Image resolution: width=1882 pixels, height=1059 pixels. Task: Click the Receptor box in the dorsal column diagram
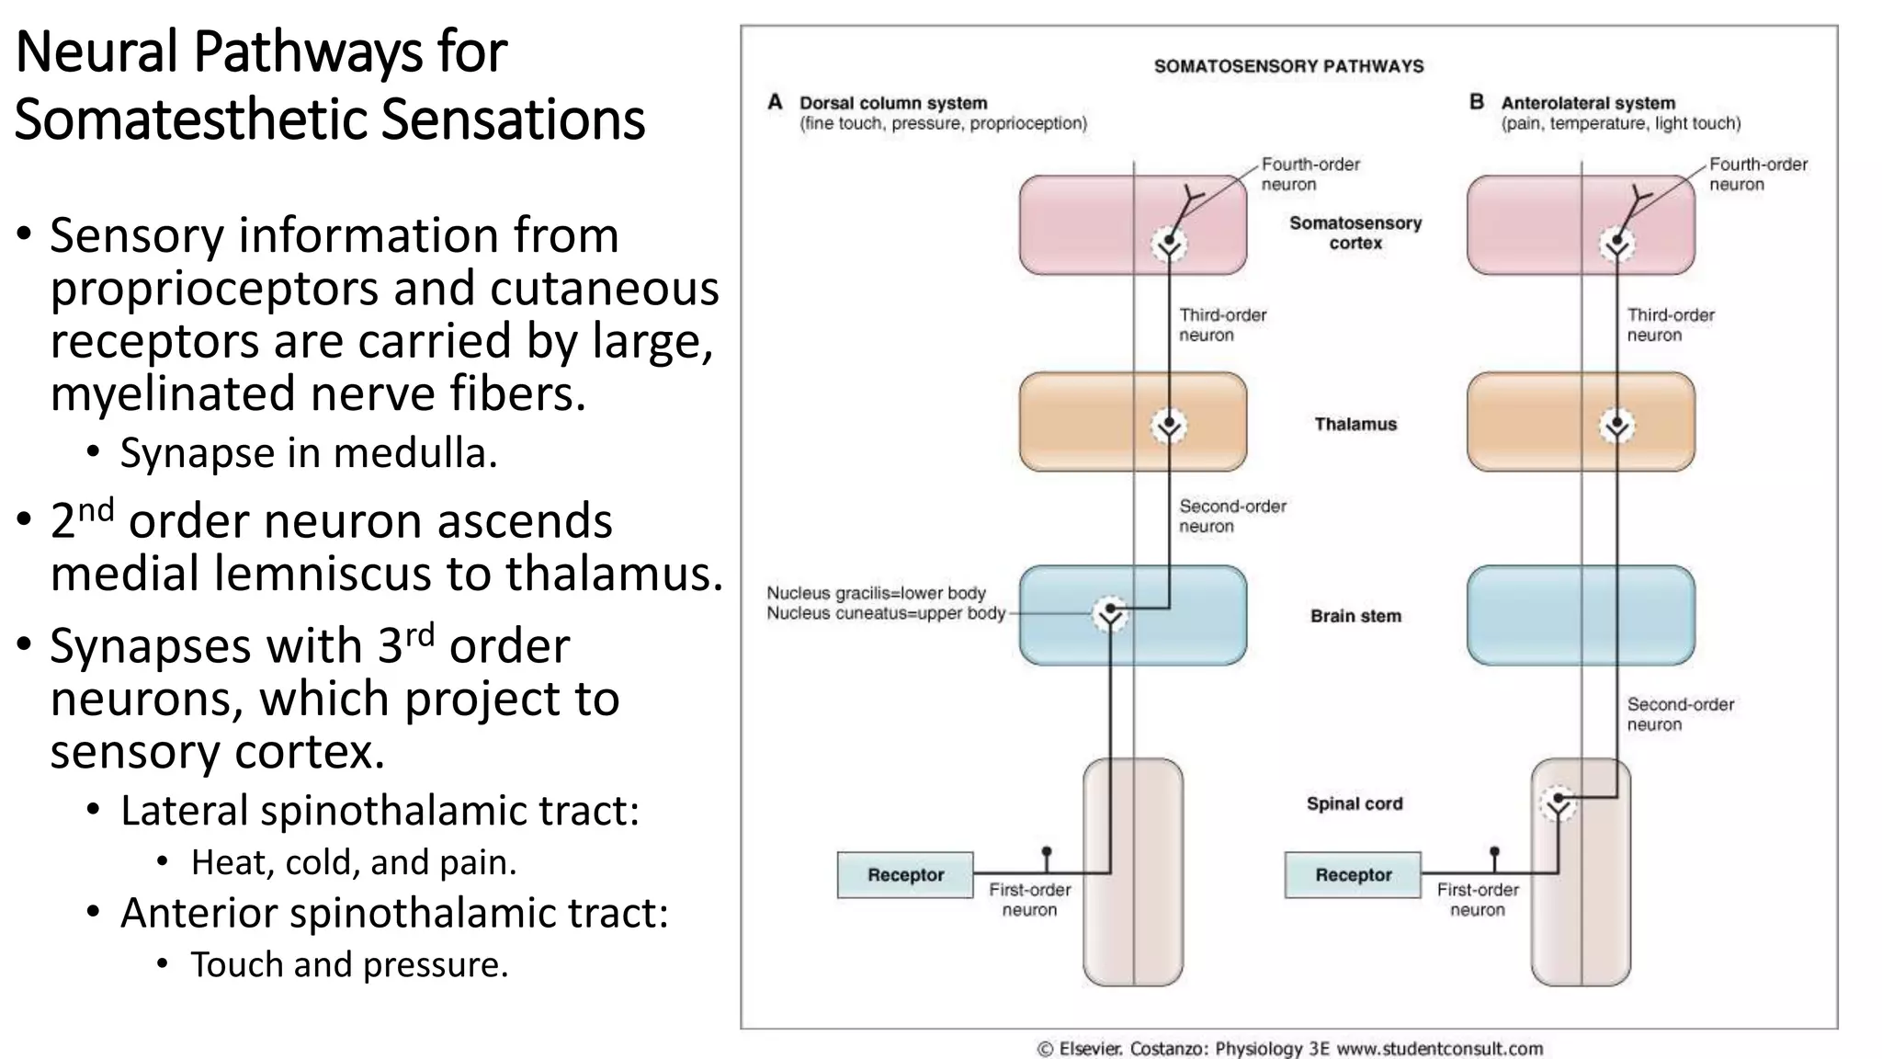coord(905,874)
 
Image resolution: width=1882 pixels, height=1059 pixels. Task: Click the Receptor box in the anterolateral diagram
coord(1353,874)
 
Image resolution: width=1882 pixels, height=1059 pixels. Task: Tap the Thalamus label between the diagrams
coord(1355,424)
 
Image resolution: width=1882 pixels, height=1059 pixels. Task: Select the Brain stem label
coord(1355,616)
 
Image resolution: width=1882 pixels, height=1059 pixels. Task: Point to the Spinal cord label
coord(1355,803)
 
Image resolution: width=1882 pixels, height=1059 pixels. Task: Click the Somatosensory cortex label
coord(1355,233)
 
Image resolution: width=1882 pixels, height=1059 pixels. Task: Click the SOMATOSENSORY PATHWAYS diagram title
coord(1288,66)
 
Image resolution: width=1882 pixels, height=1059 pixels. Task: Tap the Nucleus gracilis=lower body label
coord(876,593)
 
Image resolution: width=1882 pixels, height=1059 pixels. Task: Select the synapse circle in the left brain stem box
coord(1110,613)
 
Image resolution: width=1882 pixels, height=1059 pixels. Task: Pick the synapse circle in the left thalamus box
coord(1169,426)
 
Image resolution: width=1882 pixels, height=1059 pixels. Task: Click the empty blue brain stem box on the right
coord(1581,615)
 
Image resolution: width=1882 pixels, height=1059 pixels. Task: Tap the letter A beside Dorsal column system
coord(775,102)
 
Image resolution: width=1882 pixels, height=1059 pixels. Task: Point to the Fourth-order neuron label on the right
coord(1757,174)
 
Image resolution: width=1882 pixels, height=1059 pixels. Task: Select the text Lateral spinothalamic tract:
coord(380,811)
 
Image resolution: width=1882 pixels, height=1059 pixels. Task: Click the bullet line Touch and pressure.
coord(349,964)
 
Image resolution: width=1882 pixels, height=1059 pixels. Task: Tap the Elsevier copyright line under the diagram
coord(1289,1048)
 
